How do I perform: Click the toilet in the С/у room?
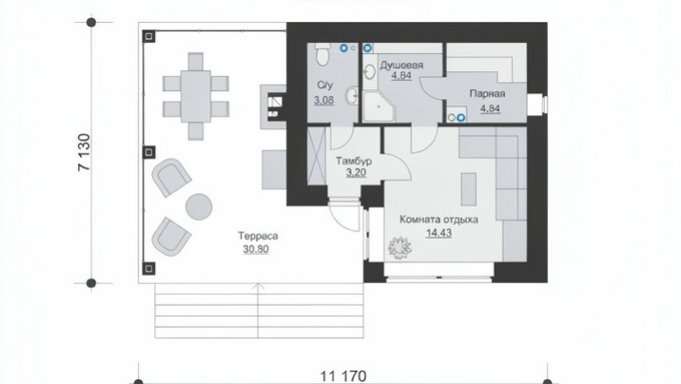pyautogui.click(x=322, y=54)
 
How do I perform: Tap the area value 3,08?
pyautogui.click(x=324, y=100)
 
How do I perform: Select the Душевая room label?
pyautogui.click(x=401, y=66)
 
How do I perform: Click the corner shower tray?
pyautogui.click(x=379, y=106)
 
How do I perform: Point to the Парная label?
pyautogui.click(x=487, y=94)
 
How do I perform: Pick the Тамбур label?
pyautogui.click(x=354, y=161)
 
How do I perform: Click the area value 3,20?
pyautogui.click(x=356, y=173)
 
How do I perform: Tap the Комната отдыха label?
pyautogui.click(x=438, y=220)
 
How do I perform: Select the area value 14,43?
pyautogui.click(x=438, y=233)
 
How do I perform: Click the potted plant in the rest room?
pyautogui.click(x=399, y=248)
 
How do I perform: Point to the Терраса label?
pyautogui.click(x=258, y=236)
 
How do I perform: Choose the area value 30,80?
pyautogui.click(x=256, y=249)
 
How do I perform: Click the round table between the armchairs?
pyautogui.click(x=199, y=206)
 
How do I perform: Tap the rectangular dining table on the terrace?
pyautogui.click(x=196, y=96)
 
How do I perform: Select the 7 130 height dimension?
pyautogui.click(x=85, y=152)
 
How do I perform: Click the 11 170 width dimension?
pyautogui.click(x=343, y=375)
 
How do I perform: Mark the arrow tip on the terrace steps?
pyautogui.click(x=259, y=284)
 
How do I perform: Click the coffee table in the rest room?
pyautogui.click(x=469, y=189)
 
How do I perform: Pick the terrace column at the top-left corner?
pyautogui.click(x=148, y=36)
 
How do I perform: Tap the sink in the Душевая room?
pyautogui.click(x=370, y=72)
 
